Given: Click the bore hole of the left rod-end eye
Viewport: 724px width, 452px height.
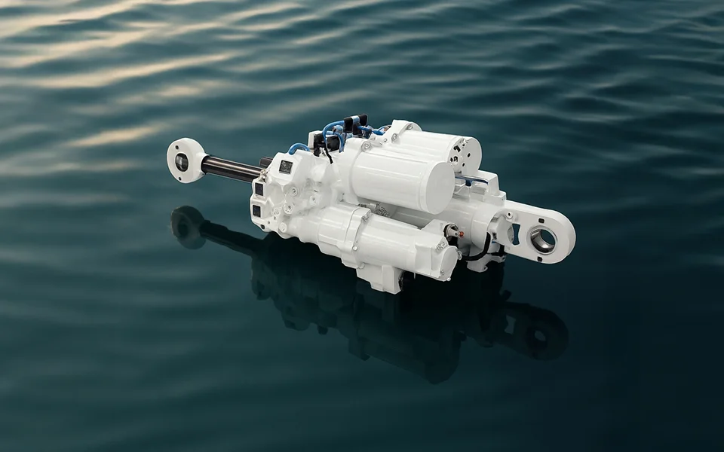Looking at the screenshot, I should click(x=182, y=161).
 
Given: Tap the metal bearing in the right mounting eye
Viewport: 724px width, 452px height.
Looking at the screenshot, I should click(x=543, y=240).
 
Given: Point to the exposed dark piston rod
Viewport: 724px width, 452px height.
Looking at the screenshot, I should click(x=230, y=169).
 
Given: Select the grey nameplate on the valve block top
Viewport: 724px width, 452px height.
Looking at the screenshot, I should click(x=286, y=166).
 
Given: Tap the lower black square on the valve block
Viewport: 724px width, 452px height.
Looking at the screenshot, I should click(x=256, y=211).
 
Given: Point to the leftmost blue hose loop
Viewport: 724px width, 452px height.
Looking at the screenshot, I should click(x=298, y=147).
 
